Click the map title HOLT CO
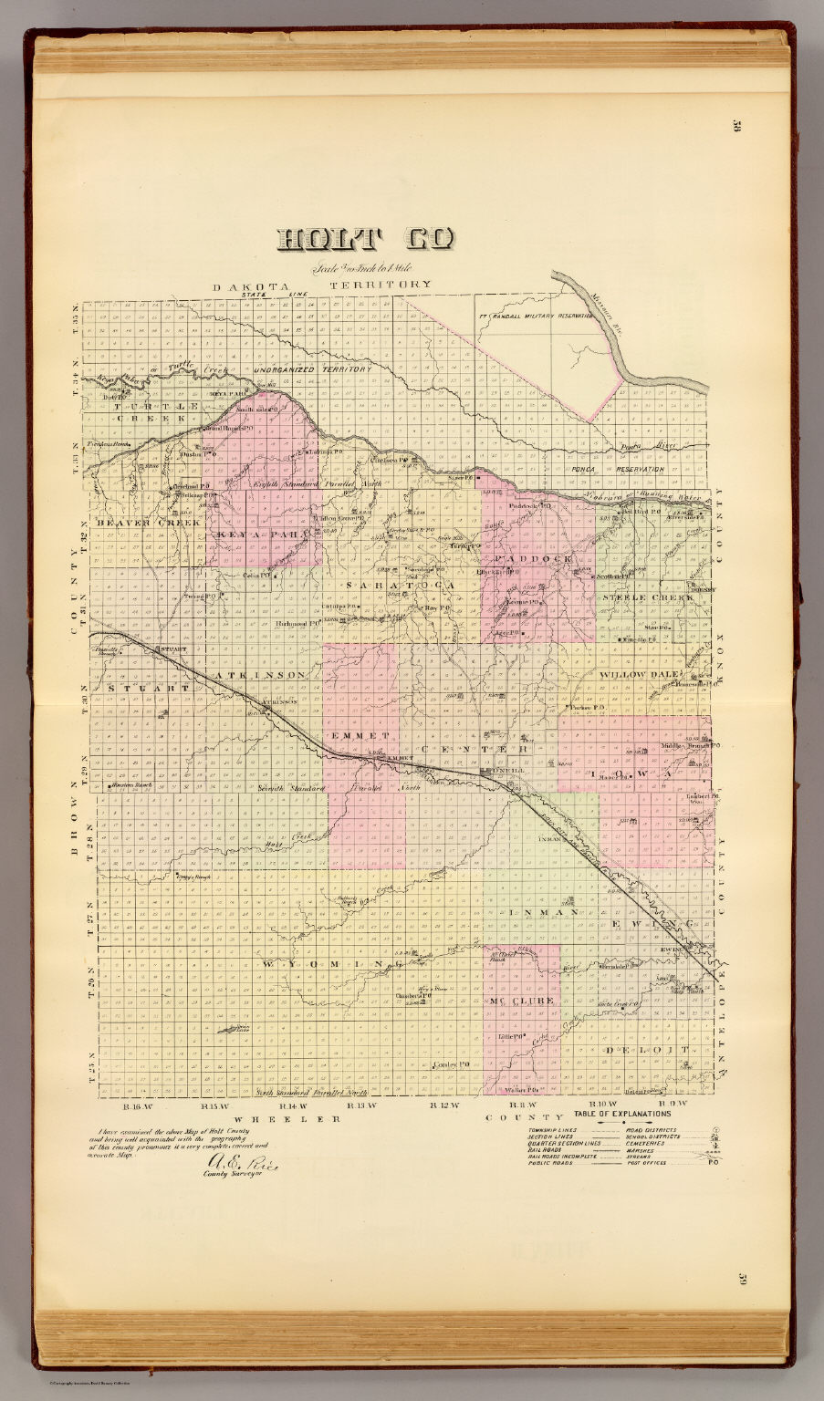click(x=364, y=239)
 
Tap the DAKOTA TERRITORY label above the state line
click(x=321, y=285)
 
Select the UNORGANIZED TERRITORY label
click(x=312, y=369)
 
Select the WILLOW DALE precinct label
click(x=636, y=674)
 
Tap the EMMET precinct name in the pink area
click(x=360, y=735)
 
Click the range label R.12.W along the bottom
click(x=443, y=1105)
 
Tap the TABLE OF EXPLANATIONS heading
click(x=622, y=1114)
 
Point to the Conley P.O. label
click(x=450, y=1064)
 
